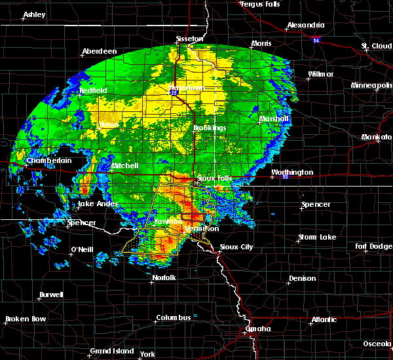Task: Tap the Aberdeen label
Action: pos(99,52)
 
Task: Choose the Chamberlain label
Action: pos(48,160)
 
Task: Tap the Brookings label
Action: pos(210,128)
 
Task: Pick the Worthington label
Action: pos(292,173)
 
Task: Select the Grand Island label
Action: pos(111,351)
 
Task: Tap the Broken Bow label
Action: pos(26,319)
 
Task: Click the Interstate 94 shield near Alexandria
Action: pos(316,41)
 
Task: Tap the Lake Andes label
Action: pos(98,204)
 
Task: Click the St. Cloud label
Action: pos(376,46)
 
